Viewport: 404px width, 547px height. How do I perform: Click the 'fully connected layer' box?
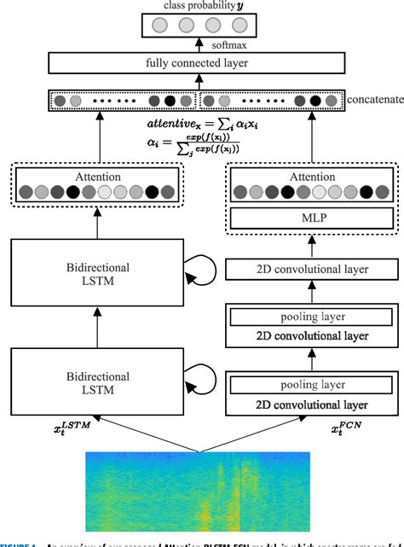202,63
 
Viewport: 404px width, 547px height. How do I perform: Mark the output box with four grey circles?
202,26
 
